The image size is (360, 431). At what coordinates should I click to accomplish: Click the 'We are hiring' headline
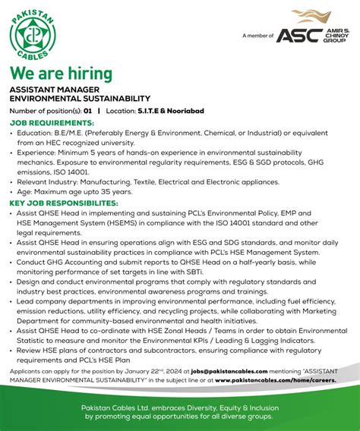tap(61, 74)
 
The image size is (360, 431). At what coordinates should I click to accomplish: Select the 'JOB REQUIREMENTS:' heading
tap(52, 122)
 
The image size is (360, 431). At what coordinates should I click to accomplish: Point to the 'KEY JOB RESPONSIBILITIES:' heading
tap(64, 204)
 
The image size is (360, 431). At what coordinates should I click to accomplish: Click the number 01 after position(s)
tap(89, 112)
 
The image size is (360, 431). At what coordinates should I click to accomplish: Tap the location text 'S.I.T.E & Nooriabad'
tap(171, 112)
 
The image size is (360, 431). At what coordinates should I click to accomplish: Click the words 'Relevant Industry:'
tap(46, 181)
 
